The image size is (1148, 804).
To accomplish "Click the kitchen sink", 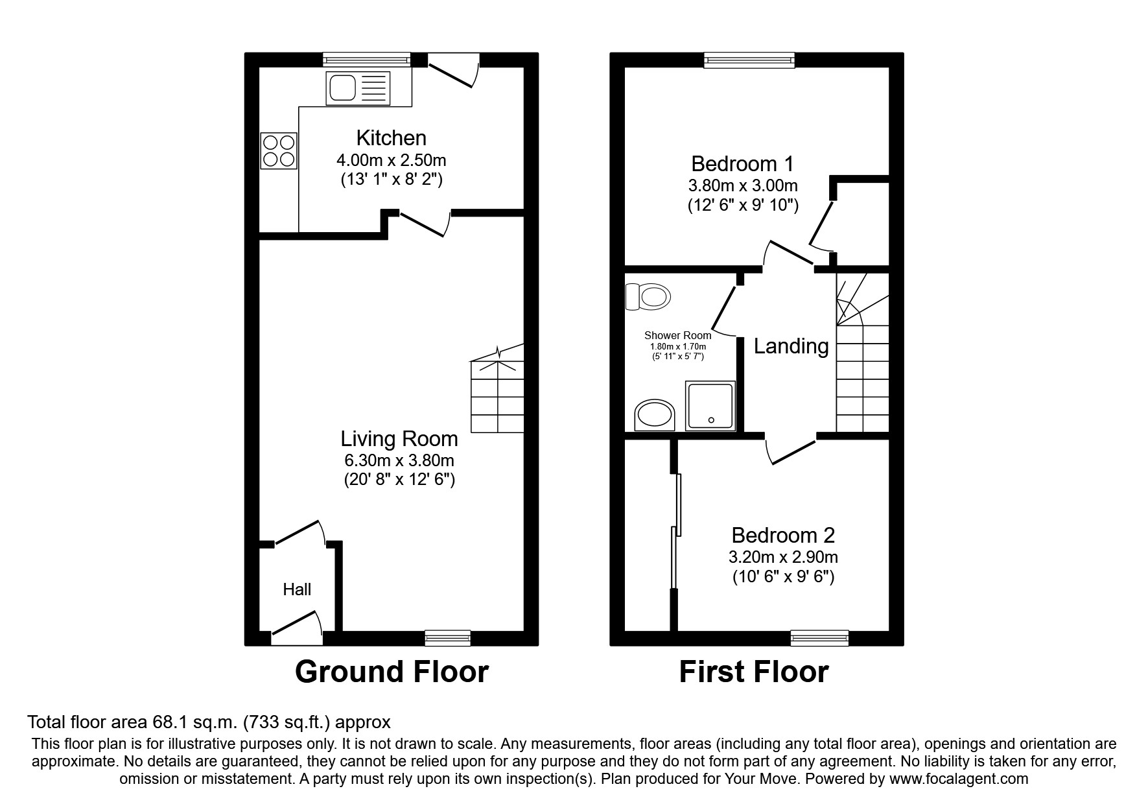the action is click(358, 88).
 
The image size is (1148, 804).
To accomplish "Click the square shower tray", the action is click(710, 405).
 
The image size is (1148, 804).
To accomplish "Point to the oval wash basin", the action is click(655, 415).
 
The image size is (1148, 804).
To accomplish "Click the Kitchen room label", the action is click(392, 137).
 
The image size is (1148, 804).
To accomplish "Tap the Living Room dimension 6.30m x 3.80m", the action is click(399, 461).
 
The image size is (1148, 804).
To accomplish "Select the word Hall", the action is click(297, 589).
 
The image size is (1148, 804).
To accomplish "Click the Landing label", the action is click(791, 346).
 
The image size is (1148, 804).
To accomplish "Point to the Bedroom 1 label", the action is click(742, 163).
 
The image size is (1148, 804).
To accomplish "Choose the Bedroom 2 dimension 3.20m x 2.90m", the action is click(783, 557).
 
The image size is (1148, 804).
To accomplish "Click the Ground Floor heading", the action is click(392, 672).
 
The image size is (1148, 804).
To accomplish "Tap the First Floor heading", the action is click(754, 672).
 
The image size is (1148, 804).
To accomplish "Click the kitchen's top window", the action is click(368, 60).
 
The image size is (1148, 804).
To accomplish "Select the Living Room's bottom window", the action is click(448, 638).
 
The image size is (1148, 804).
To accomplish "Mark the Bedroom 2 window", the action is click(819, 638).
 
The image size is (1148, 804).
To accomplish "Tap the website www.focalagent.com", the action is click(959, 779).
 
